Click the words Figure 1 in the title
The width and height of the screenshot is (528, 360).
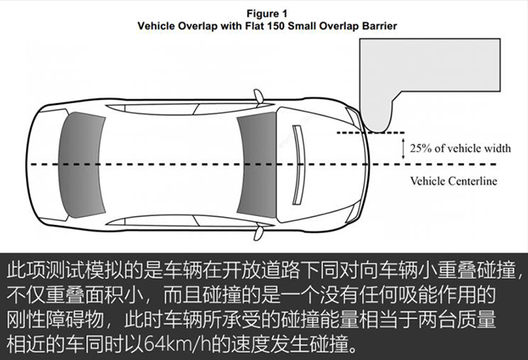[267, 14]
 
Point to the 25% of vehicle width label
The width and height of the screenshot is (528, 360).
[460, 148]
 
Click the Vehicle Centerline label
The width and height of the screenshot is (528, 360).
[453, 181]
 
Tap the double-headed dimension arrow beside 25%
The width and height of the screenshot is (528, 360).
[404, 149]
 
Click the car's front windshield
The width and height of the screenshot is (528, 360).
[257, 165]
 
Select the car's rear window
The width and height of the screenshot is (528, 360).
[81, 165]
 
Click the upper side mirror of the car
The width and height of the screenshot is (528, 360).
[258, 97]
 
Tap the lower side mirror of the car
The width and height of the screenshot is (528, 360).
[258, 232]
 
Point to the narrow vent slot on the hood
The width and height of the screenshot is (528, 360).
[297, 165]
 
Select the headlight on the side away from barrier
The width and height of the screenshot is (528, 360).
[354, 212]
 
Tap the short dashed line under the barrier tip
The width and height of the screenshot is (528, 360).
[370, 132]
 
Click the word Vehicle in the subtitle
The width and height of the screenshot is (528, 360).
[156, 26]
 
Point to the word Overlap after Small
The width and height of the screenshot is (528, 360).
[339, 26]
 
